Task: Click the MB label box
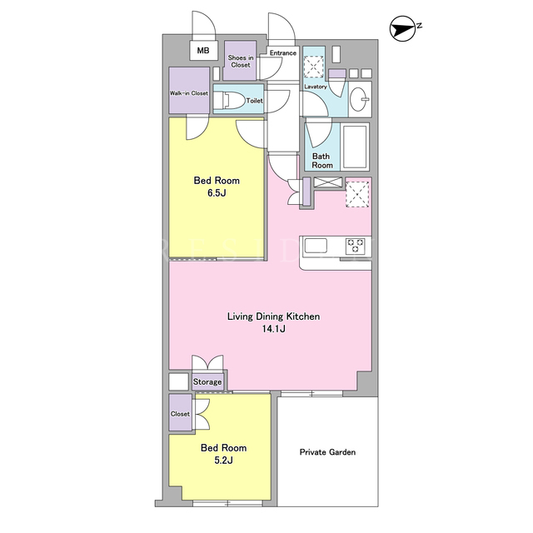tap(203, 50)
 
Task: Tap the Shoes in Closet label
tap(241, 61)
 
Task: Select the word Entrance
tap(283, 53)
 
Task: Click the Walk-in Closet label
tap(189, 93)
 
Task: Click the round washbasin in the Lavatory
tap(359, 99)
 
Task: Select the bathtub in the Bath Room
tap(355, 147)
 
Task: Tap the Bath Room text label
tap(321, 161)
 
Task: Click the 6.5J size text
tap(217, 193)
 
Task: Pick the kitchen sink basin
tap(316, 246)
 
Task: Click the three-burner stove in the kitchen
tap(356, 246)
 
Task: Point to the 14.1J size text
tap(273, 329)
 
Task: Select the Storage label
tap(207, 382)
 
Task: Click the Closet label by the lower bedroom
tap(180, 414)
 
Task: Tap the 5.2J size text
tap(223, 461)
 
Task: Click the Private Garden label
tap(327, 452)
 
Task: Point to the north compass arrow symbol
tap(403, 28)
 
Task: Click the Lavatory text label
tap(316, 87)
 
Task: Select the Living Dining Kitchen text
tap(273, 316)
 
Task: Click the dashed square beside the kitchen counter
tap(357, 194)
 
